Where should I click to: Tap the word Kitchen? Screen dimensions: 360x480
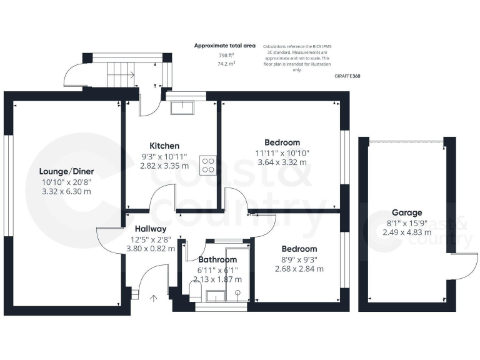[x=164, y=146]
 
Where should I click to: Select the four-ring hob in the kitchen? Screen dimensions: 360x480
[x=208, y=165]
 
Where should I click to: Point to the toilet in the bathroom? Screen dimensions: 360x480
[x=195, y=289]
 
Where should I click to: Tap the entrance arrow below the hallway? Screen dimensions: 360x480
[x=154, y=299]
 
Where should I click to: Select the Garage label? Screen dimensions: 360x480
[x=407, y=212]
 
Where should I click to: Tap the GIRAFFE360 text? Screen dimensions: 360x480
[x=347, y=76]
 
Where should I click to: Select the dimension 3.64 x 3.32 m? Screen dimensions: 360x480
[x=282, y=162]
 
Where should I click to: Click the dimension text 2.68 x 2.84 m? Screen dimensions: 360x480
[x=299, y=269]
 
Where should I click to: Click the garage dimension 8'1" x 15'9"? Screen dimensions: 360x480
[x=407, y=222]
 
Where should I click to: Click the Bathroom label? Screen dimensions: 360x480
[x=217, y=259]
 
